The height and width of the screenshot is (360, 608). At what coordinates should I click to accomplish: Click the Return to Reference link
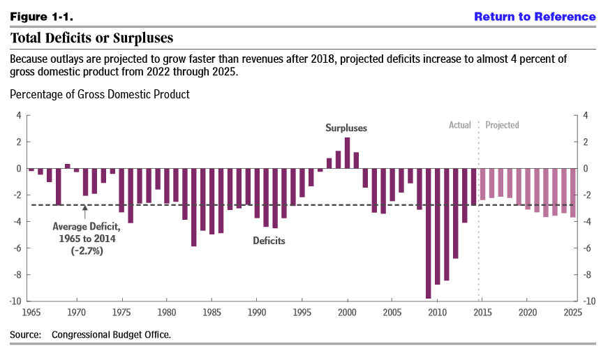pyautogui.click(x=535, y=16)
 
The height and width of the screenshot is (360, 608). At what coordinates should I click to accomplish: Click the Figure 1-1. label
pyautogui.click(x=41, y=16)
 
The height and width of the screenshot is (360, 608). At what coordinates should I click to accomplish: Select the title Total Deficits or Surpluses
pyautogui.click(x=91, y=38)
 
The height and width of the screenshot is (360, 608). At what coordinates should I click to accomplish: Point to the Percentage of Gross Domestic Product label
pyautogui.click(x=100, y=94)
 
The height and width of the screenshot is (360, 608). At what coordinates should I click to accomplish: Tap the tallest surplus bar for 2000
pyautogui.click(x=347, y=153)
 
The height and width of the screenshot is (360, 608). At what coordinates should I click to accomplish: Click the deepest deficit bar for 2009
pyautogui.click(x=429, y=233)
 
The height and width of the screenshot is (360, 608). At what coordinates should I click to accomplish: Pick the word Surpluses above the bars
pyautogui.click(x=346, y=128)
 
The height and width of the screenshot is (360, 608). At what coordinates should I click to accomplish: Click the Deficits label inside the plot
pyautogui.click(x=269, y=241)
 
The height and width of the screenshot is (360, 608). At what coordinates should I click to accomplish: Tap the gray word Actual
pyautogui.click(x=460, y=126)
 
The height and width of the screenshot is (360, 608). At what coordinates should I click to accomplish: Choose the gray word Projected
pyautogui.click(x=502, y=126)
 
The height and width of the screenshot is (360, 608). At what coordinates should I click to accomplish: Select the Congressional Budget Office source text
pyautogui.click(x=111, y=335)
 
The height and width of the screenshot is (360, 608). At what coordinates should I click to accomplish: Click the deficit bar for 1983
pyautogui.click(x=193, y=207)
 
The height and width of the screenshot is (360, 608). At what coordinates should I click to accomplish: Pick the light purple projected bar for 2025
pyautogui.click(x=573, y=193)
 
